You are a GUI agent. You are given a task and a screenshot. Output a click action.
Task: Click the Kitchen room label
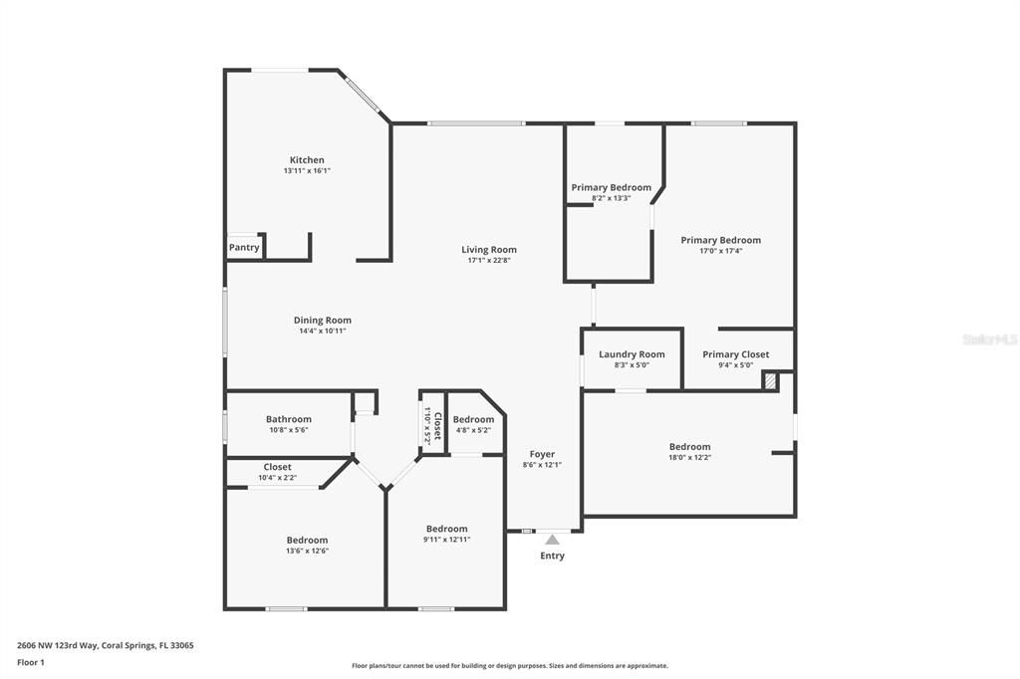coord(307,160)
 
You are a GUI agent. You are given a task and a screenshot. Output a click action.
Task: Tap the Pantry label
coord(244,247)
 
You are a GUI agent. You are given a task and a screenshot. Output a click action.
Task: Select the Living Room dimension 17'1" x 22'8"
coord(488,260)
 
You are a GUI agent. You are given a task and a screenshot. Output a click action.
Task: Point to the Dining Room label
coord(322,320)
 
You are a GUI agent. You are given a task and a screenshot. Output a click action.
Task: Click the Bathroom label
coord(288,419)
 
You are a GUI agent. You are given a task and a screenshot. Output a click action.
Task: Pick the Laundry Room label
coord(632,354)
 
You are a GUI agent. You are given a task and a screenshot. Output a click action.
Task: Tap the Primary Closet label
coord(736,354)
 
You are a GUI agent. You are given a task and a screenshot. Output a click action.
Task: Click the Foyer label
coord(542,455)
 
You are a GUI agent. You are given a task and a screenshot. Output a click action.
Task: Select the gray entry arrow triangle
coord(552,540)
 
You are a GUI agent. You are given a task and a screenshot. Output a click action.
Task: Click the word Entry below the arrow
coord(552,556)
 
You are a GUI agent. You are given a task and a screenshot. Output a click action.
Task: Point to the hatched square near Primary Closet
coord(770,381)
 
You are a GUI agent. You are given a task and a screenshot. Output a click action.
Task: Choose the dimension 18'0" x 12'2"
coord(689,457)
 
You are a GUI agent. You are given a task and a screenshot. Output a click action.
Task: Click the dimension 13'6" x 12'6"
coord(307,551)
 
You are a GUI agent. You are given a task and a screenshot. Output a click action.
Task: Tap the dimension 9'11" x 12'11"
coord(447,540)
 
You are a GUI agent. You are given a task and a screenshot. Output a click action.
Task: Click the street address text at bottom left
coord(106,646)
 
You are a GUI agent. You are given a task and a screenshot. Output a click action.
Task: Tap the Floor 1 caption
coord(31,663)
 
